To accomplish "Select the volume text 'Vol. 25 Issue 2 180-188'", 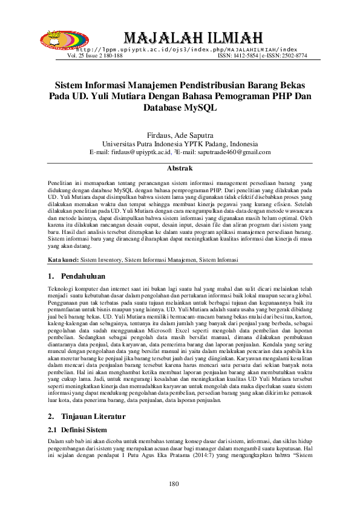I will pos(94,55).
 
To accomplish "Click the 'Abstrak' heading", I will pos(180,167).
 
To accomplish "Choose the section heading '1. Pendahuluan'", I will pos(75,276).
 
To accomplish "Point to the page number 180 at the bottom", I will pos(175,484).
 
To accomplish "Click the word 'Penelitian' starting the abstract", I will pos(61,183).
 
